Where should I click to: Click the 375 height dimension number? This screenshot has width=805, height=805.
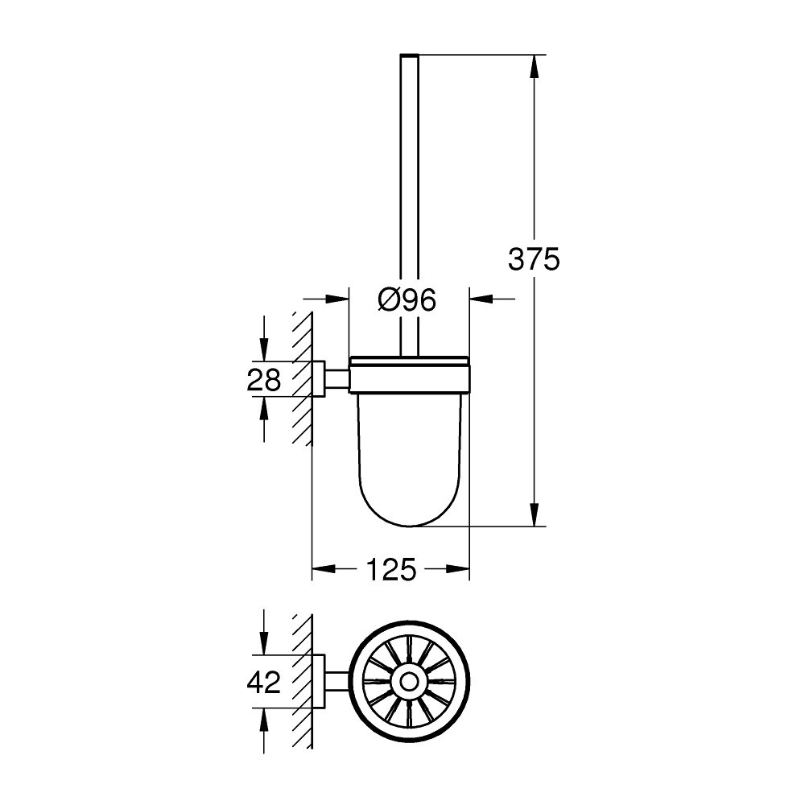pyautogui.click(x=533, y=259)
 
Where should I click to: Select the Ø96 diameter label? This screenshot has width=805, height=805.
pyautogui.click(x=407, y=300)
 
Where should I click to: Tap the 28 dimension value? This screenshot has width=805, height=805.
pyautogui.click(x=264, y=380)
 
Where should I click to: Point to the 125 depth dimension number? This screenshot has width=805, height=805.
pyautogui.click(x=391, y=570)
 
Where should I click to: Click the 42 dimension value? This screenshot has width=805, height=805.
pyautogui.click(x=264, y=683)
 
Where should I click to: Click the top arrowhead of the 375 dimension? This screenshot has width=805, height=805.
pyautogui.click(x=533, y=64)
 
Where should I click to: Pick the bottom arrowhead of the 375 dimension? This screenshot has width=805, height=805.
pyautogui.click(x=533, y=515)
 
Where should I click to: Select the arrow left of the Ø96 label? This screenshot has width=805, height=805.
pyautogui.click(x=337, y=299)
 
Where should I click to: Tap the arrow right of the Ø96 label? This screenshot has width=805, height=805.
pyautogui.click(x=481, y=299)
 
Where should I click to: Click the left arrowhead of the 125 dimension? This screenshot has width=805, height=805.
pyautogui.click(x=322, y=570)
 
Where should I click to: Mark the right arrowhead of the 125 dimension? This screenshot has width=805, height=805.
pyautogui.click(x=459, y=570)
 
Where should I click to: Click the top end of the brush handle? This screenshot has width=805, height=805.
pyautogui.click(x=410, y=56)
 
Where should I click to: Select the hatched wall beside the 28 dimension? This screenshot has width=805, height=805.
pyautogui.click(x=303, y=378)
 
